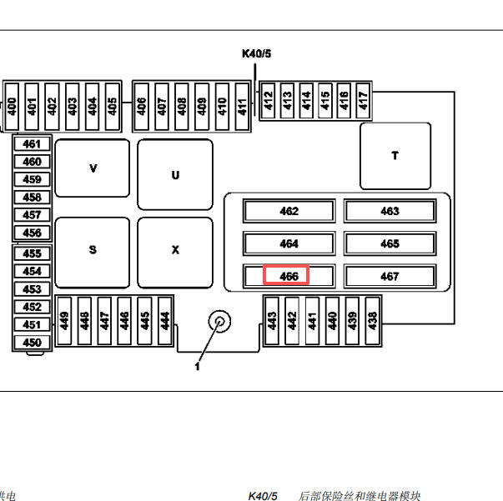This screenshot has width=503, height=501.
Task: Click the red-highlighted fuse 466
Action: [289, 276]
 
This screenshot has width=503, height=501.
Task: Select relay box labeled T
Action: [395, 156]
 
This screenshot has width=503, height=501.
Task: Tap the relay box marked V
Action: [93, 168]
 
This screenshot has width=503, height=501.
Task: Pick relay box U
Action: [175, 174]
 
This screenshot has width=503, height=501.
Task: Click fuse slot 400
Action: [12, 107]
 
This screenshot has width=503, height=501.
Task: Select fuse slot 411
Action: [242, 107]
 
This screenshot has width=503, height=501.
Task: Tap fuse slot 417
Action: [363, 101]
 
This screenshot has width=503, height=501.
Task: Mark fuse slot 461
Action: [32, 144]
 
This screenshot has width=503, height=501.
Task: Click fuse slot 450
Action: [32, 343]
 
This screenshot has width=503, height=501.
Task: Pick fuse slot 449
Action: [64, 321]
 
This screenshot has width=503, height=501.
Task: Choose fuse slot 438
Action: [372, 321]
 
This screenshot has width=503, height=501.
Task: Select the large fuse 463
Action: [390, 211]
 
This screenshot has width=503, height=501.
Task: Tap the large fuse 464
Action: [289, 243]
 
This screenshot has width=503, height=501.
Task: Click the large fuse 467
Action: [390, 276]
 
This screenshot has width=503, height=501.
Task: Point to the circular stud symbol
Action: [219, 321]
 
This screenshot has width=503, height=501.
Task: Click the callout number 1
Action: [198, 367]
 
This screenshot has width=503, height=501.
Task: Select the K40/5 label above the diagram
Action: [256, 53]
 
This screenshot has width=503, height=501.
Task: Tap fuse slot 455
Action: [32, 253]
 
